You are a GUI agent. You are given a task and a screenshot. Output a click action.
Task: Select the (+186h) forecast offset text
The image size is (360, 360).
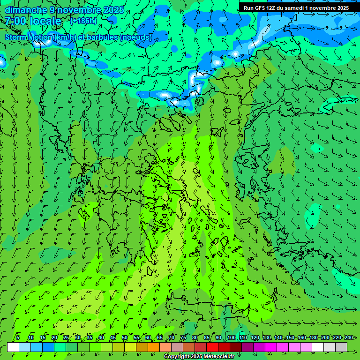(83, 21)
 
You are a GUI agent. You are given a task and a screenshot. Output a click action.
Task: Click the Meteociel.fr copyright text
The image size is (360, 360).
(199, 357)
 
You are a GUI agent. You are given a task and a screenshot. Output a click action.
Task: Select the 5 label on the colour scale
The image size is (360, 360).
(18, 337)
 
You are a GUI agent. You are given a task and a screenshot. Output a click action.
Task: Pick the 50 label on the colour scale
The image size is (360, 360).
(124, 337)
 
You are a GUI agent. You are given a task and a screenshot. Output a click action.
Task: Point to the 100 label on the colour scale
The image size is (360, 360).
(232, 337)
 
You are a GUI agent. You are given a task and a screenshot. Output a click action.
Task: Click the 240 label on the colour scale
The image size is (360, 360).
(349, 337)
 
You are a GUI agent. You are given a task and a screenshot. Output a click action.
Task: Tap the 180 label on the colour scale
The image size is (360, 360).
(313, 337)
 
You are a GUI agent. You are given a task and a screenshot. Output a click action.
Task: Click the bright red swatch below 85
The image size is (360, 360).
(212, 347)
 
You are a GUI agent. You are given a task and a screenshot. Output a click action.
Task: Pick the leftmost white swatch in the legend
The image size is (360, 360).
(13, 347)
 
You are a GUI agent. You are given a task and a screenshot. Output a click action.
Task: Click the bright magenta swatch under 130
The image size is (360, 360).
(271, 347)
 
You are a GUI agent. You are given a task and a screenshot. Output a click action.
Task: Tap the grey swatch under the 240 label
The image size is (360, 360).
(341, 347)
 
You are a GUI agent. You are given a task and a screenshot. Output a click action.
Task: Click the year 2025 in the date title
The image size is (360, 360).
(113, 10)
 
